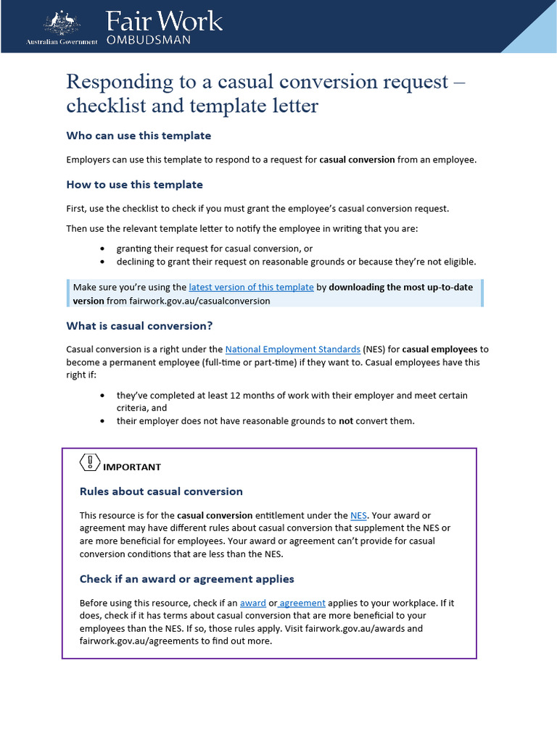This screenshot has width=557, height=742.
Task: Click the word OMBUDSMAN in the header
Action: point(149,41)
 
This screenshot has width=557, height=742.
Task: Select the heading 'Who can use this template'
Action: point(139,136)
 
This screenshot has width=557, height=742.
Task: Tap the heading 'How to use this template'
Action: point(134,185)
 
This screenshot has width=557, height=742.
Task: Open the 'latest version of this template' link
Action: point(251,288)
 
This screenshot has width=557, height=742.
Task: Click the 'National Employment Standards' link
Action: point(292,349)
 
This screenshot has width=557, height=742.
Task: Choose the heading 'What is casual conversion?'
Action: point(139,326)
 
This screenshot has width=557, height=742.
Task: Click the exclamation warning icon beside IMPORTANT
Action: point(89,462)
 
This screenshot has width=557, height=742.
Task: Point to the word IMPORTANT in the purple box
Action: point(132,467)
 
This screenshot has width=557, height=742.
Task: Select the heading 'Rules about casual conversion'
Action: point(161,491)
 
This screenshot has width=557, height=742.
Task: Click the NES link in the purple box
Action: point(358,516)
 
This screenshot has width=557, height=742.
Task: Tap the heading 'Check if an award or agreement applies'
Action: point(186,579)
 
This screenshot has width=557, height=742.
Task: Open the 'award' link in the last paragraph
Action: point(253,604)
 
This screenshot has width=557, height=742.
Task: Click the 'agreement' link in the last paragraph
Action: point(304,604)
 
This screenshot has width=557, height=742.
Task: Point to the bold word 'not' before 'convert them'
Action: point(346,421)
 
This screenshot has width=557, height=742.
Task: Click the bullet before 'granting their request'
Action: point(102,249)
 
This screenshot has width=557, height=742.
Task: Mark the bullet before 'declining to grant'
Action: point(102,262)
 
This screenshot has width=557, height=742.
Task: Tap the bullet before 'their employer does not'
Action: point(102,421)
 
